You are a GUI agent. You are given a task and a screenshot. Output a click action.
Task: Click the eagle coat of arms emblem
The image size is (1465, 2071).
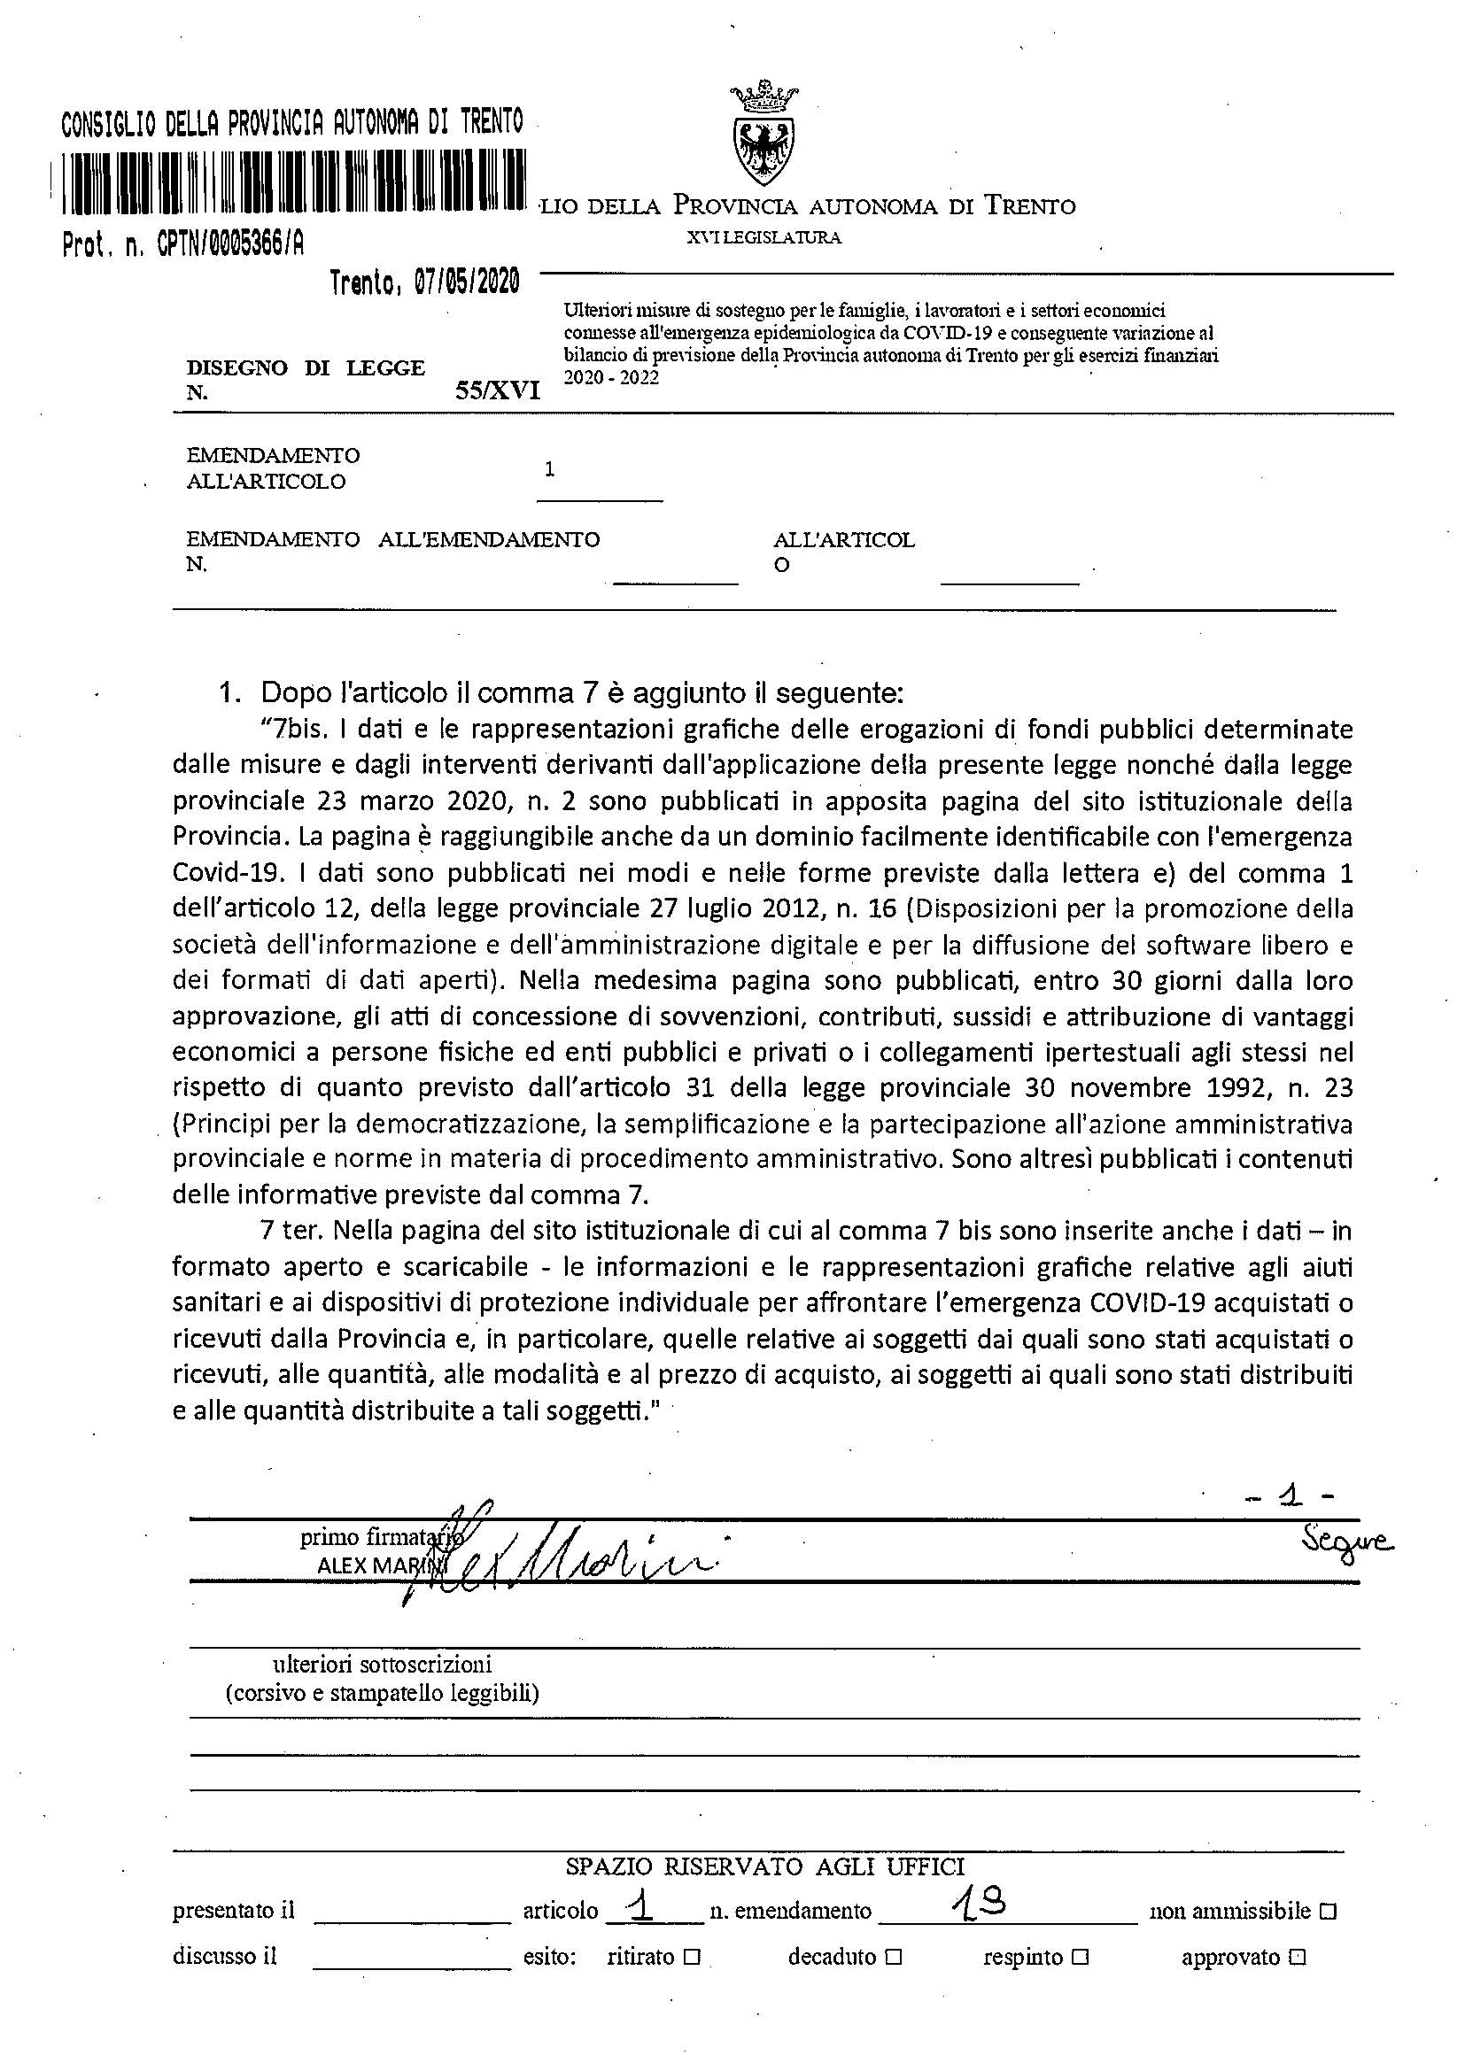pyautogui.click(x=764, y=135)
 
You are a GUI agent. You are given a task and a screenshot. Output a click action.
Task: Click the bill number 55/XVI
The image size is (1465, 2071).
pyautogui.click(x=498, y=390)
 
